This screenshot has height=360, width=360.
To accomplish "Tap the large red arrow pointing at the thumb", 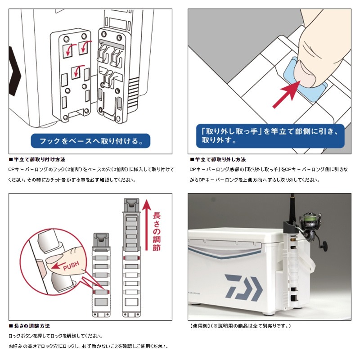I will [288, 93].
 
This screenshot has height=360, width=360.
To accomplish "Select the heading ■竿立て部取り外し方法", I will [218, 160].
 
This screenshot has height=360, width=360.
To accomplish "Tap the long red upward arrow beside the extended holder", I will [146, 225].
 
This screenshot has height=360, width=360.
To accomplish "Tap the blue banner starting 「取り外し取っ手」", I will [265, 135].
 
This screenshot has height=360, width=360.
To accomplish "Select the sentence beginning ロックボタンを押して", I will [58, 336].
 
